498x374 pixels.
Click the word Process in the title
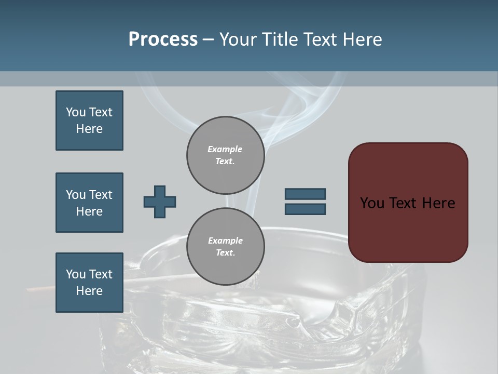163,39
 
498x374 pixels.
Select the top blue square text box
89,121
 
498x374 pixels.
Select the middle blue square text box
89,203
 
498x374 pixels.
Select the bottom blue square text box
89,283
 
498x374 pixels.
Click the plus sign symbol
160,202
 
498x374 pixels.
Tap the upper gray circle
225,155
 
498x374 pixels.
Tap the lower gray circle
225,247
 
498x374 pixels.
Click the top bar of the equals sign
305,194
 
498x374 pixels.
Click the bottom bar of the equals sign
305,209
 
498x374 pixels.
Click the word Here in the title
361,39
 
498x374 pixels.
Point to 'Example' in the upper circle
225,149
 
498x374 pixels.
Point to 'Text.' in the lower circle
225,253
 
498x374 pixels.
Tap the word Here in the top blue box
89,129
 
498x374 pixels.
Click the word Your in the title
237,39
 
